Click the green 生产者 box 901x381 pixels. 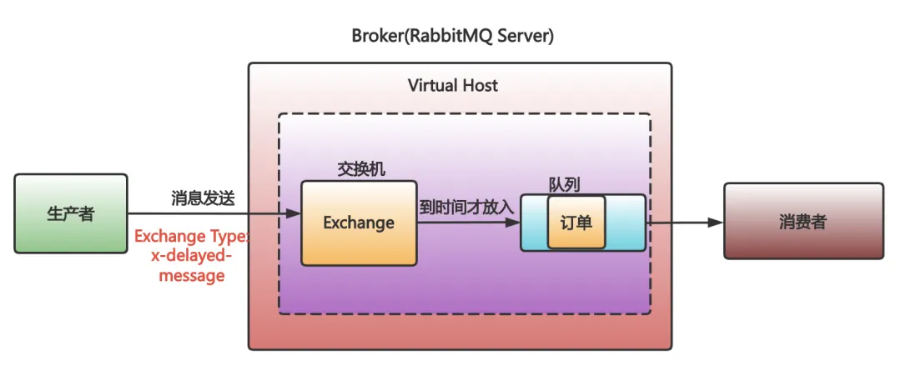(x=71, y=214)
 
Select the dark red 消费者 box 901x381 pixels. (x=803, y=221)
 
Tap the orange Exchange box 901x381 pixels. (x=358, y=223)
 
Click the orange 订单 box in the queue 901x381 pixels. (x=576, y=223)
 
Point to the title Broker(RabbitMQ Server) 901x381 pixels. (x=453, y=37)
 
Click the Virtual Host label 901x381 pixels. (x=453, y=85)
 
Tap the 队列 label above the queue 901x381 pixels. (x=564, y=183)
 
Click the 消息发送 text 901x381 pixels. (x=203, y=198)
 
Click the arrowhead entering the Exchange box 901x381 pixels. (x=294, y=214)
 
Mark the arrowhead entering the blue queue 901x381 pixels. (x=514, y=223)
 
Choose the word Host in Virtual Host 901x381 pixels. (x=480, y=85)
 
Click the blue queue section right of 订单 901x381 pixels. (x=625, y=223)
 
